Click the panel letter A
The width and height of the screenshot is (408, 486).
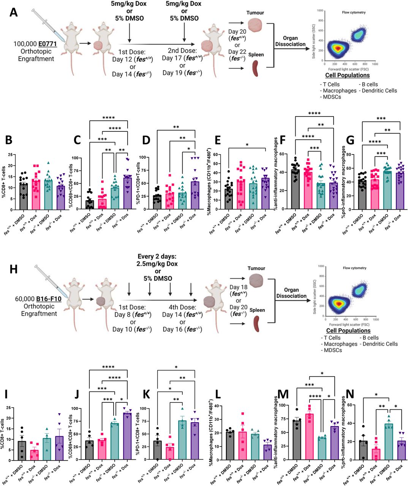[x=14, y=12]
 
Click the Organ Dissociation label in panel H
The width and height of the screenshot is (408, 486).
[x=291, y=293]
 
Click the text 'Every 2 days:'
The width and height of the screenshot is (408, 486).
[x=158, y=256]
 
